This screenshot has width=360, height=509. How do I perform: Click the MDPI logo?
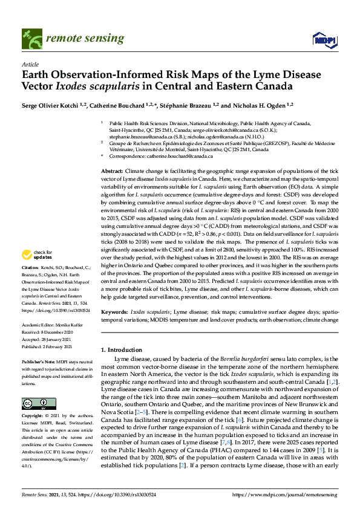320,39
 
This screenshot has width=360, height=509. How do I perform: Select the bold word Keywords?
115,311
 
